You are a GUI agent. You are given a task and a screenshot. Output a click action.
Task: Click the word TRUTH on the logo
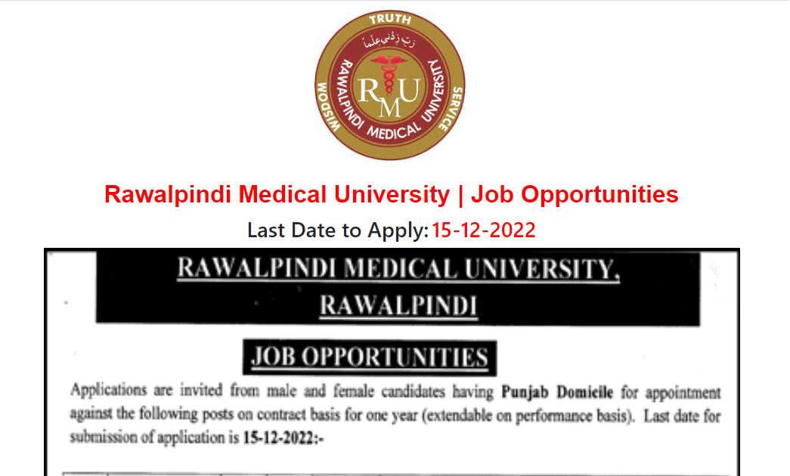point(390,19)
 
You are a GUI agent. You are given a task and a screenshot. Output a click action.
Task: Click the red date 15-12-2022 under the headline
point(483,230)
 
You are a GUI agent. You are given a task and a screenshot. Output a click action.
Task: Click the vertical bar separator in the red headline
point(460,194)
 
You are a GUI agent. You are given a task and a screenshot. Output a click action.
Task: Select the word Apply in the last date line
point(398,230)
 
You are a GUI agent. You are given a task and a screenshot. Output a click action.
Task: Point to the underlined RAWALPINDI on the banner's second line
point(398,306)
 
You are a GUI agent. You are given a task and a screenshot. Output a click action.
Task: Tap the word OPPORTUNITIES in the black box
point(395,357)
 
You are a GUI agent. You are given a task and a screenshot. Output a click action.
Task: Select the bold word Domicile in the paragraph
point(584,393)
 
